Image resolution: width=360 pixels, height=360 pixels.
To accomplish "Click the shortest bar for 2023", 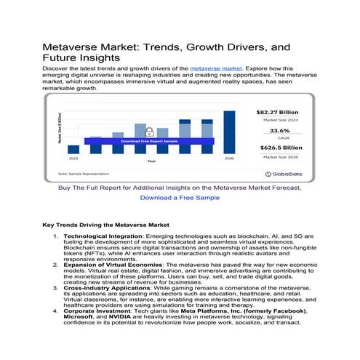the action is pyautogui.click(x=73, y=147).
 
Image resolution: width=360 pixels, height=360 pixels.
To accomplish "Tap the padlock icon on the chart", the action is pyautogui.click(x=148, y=132).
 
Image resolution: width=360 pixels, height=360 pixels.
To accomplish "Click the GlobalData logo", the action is pyautogui.click(x=284, y=174).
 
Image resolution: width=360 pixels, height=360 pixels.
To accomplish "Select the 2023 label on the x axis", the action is pyautogui.click(x=73, y=157).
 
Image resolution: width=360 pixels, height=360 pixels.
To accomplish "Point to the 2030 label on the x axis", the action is pyautogui.click(x=229, y=157).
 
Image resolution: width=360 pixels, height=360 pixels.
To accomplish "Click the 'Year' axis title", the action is pyautogui.click(x=151, y=161).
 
